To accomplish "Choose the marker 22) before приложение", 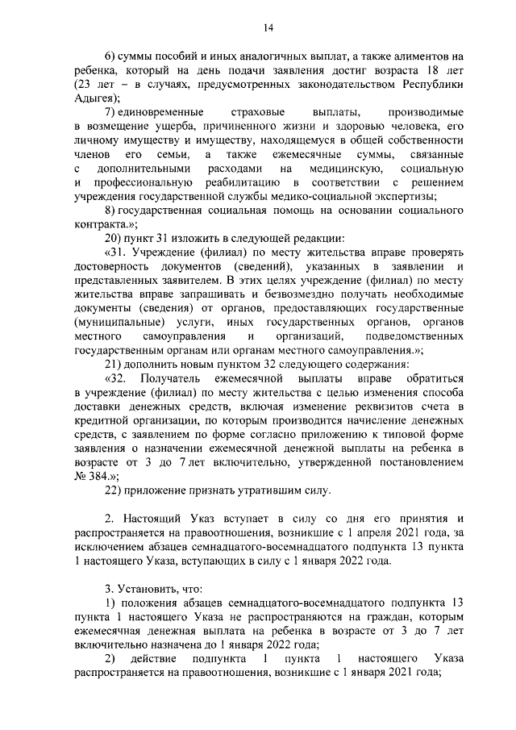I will [x=114, y=490].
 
